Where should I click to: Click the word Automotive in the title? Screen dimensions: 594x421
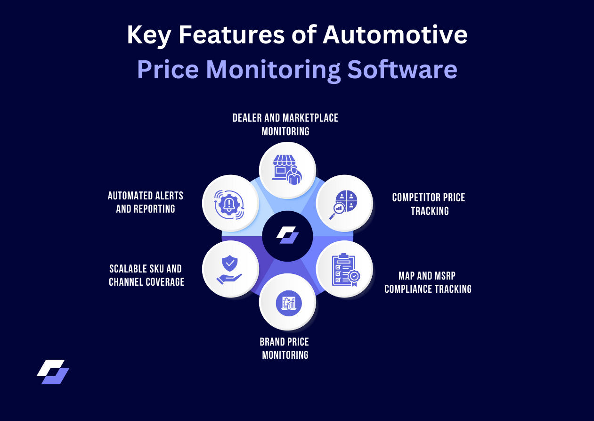point(395,35)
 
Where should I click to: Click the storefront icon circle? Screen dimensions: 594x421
point(287,170)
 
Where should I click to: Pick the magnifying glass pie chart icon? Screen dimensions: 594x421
point(344,203)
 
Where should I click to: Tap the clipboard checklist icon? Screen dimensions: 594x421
point(344,269)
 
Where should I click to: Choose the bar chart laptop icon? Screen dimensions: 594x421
point(287,302)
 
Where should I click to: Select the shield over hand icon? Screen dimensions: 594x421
point(230,269)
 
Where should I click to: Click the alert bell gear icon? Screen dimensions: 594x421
point(230,203)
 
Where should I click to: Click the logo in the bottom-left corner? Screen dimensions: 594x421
point(53,372)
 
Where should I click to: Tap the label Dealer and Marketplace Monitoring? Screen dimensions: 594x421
point(285,124)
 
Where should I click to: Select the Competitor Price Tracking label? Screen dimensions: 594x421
point(429,204)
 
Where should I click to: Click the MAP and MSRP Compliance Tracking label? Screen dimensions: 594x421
point(428,282)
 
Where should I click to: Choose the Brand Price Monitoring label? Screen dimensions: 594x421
point(285,348)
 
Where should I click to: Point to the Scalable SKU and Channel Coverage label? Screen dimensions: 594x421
point(146,275)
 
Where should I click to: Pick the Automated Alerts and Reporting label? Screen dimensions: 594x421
point(146,202)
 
